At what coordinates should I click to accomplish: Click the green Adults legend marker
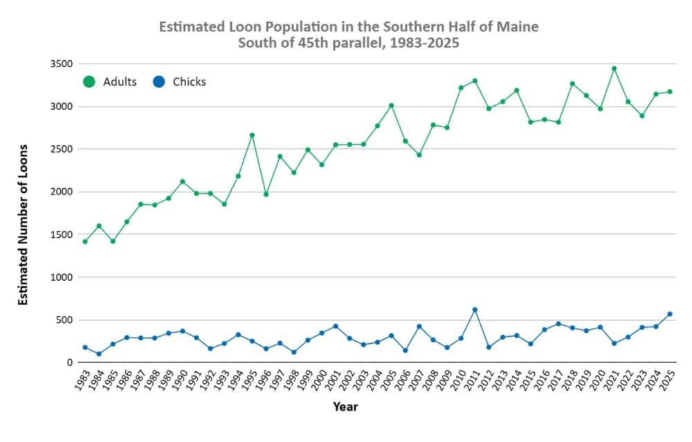tap(89, 82)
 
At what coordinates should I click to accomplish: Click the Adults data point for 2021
tap(614, 68)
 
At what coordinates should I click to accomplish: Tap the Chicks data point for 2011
tap(475, 310)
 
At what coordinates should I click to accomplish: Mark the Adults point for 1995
tap(252, 135)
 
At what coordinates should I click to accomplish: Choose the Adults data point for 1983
tap(85, 241)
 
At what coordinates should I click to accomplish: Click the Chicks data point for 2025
tap(670, 314)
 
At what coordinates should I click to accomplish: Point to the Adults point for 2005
tap(391, 106)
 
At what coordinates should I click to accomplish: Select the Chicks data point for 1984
tap(99, 354)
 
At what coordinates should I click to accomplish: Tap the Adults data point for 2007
tap(419, 155)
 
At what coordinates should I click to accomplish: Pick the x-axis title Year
tap(345, 407)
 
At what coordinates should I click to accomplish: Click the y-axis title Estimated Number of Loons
tap(23, 225)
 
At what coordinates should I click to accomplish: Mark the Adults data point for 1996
tap(266, 194)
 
